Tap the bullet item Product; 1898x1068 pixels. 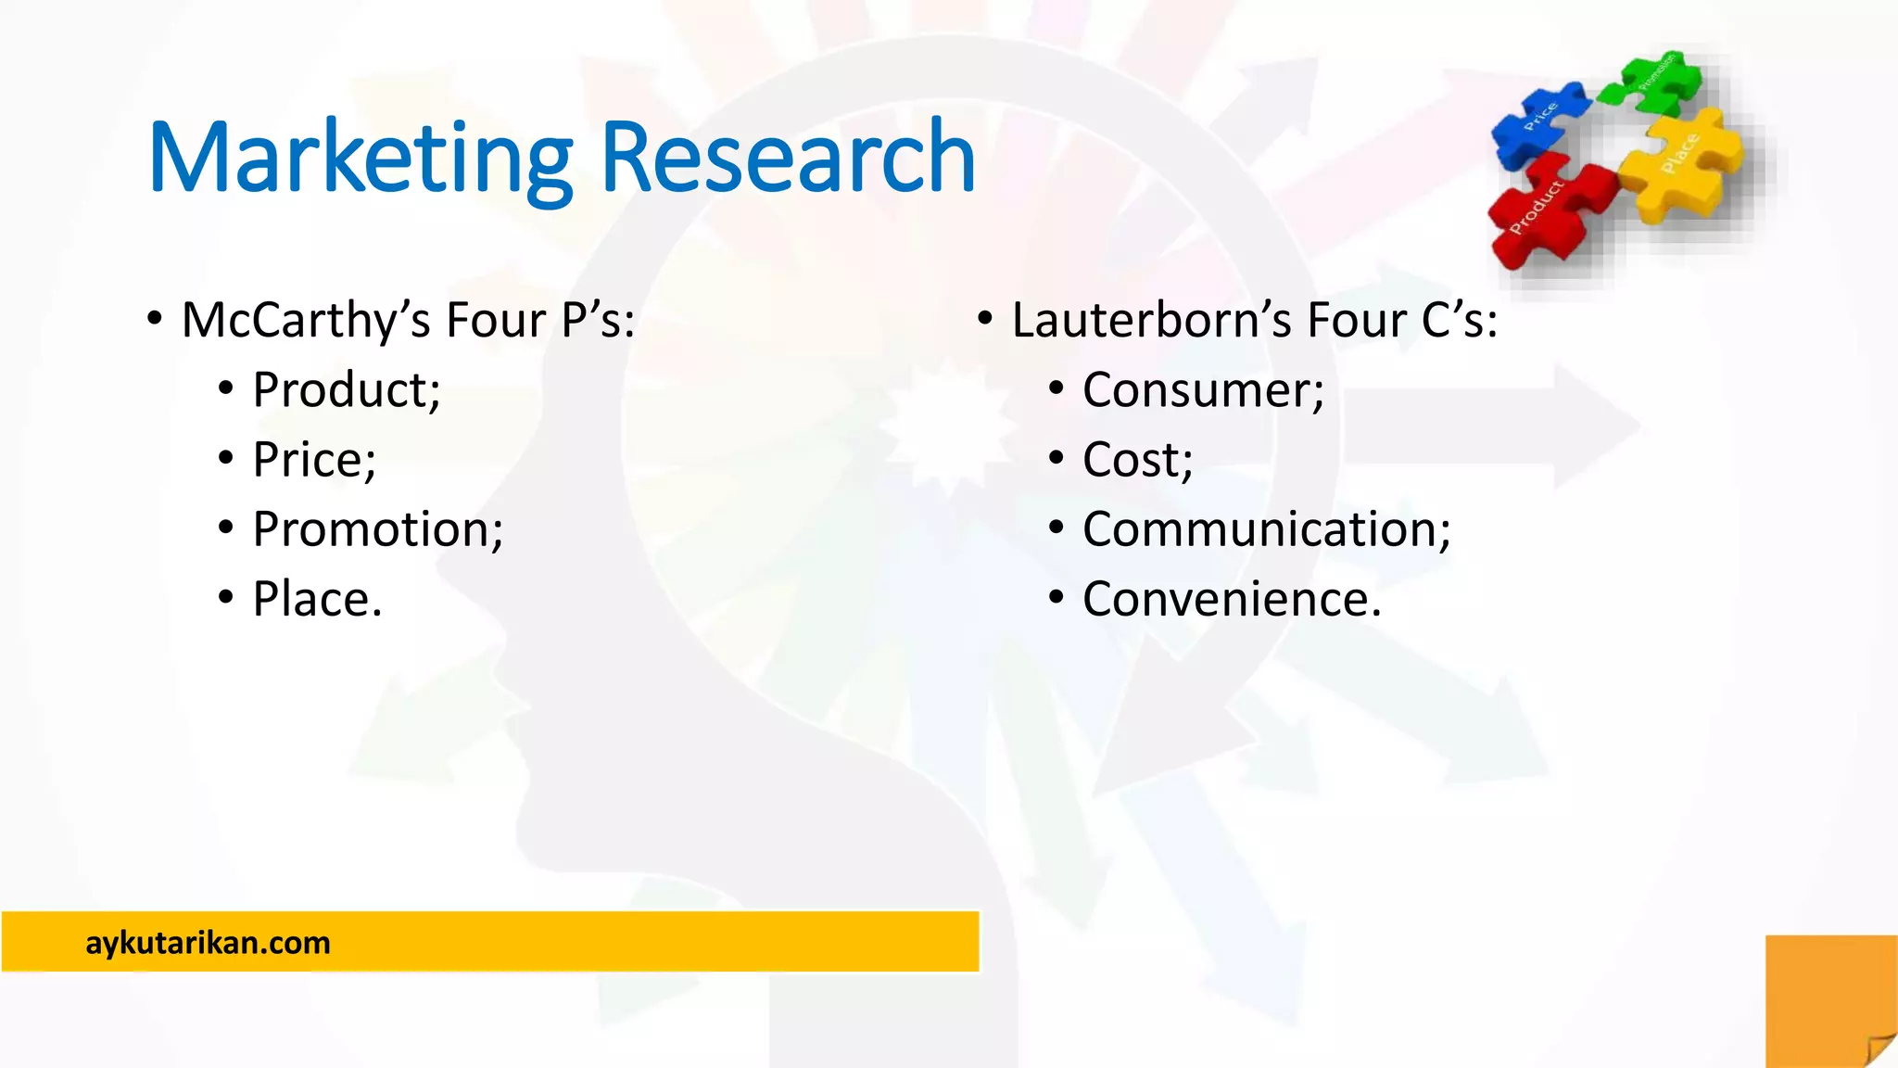[x=347, y=389]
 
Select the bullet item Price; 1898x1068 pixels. [x=314, y=460]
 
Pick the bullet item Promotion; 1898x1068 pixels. [x=378, y=529]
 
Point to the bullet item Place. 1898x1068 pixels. [x=317, y=599]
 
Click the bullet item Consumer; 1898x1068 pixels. [x=1203, y=389]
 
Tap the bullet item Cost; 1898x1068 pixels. [x=1138, y=460]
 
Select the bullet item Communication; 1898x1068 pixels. [x=1266, y=529]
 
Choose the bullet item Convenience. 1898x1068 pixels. [x=1232, y=599]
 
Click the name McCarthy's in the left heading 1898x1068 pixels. [x=306, y=321]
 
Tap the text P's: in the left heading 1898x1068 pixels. [x=599, y=321]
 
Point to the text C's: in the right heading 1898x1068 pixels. [x=1460, y=321]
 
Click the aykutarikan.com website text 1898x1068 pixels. [x=208, y=943]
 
